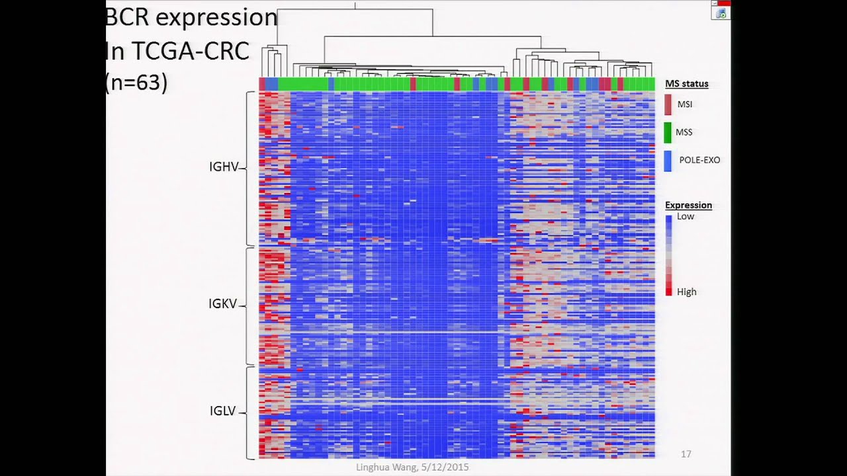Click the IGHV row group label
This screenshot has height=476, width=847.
click(x=223, y=167)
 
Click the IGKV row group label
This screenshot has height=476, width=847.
click(x=222, y=304)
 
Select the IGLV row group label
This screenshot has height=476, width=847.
click(x=222, y=411)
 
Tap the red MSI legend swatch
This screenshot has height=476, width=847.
click(x=668, y=104)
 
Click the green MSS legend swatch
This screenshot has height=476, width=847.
click(x=668, y=132)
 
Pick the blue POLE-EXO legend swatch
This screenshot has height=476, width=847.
click(x=668, y=161)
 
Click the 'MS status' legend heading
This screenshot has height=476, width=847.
click(x=686, y=83)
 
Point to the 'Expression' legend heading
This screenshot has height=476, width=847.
click(x=688, y=205)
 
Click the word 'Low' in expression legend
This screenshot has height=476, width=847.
click(x=686, y=216)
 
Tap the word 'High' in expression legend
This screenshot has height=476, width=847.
click(x=686, y=292)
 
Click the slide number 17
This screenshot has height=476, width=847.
click(x=686, y=454)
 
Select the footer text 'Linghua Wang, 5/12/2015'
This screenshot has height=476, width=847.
click(x=412, y=467)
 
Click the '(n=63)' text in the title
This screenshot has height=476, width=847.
click(x=136, y=82)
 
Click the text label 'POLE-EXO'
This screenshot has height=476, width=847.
click(x=699, y=160)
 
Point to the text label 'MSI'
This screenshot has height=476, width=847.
click(x=684, y=104)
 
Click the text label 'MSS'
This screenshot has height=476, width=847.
click(x=684, y=132)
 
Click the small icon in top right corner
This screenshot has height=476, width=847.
click(x=721, y=13)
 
